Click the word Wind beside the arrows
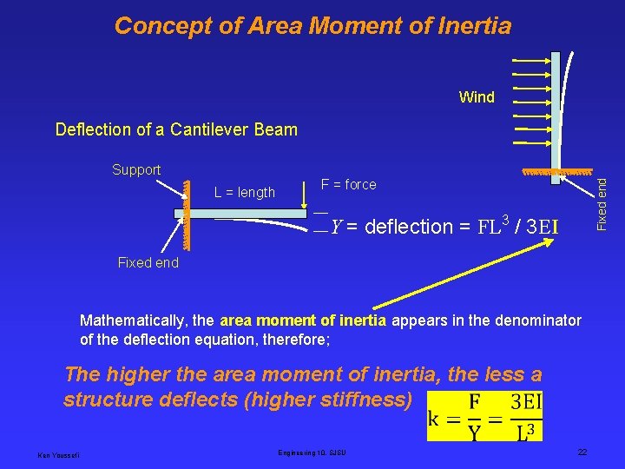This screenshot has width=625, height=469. [477, 97]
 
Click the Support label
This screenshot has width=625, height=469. [136, 169]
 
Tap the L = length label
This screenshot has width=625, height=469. [245, 193]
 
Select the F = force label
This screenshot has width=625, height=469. [348, 184]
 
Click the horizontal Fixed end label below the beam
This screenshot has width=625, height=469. [148, 263]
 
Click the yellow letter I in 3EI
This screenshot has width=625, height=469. [553, 227]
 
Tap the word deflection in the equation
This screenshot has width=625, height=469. [410, 228]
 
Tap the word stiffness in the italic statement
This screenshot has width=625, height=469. [361, 400]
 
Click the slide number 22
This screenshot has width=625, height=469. [583, 452]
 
